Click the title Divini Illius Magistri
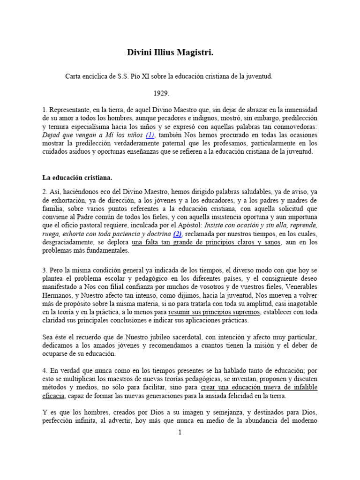[170, 52]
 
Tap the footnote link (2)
[177, 234]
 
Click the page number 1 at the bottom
[180, 433]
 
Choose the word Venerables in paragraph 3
[300, 287]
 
